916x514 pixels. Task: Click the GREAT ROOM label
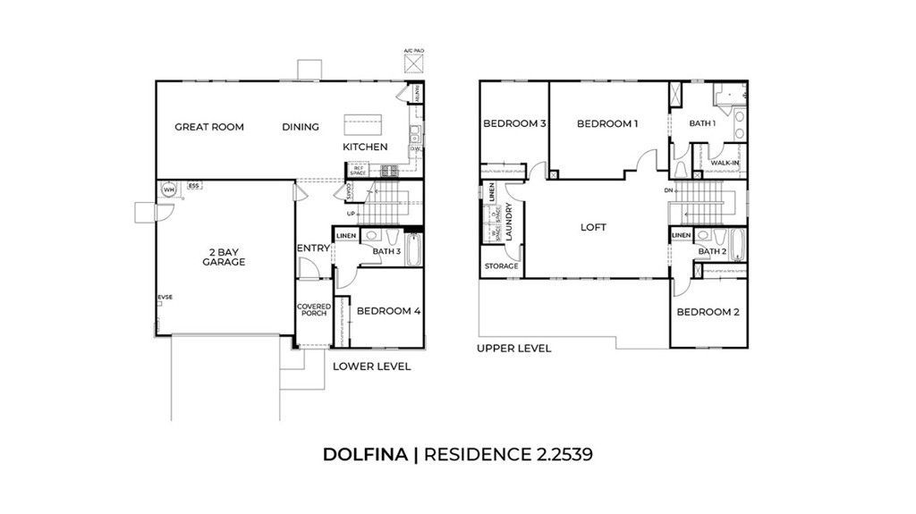(209, 127)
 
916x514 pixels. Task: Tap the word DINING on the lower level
(301, 127)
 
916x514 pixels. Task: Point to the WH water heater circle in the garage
(168, 189)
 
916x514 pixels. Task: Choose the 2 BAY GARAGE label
(223, 257)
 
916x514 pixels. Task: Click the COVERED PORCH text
(314, 310)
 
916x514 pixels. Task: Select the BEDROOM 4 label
(387, 311)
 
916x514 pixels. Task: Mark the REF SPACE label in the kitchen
(359, 168)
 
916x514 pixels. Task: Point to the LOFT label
(593, 227)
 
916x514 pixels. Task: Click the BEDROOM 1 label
(607, 124)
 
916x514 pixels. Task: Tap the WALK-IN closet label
(725, 163)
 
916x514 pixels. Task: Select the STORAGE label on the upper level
(501, 266)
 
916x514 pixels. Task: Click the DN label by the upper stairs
(667, 190)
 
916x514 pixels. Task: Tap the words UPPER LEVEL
(513, 349)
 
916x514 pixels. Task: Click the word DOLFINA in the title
(365, 454)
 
